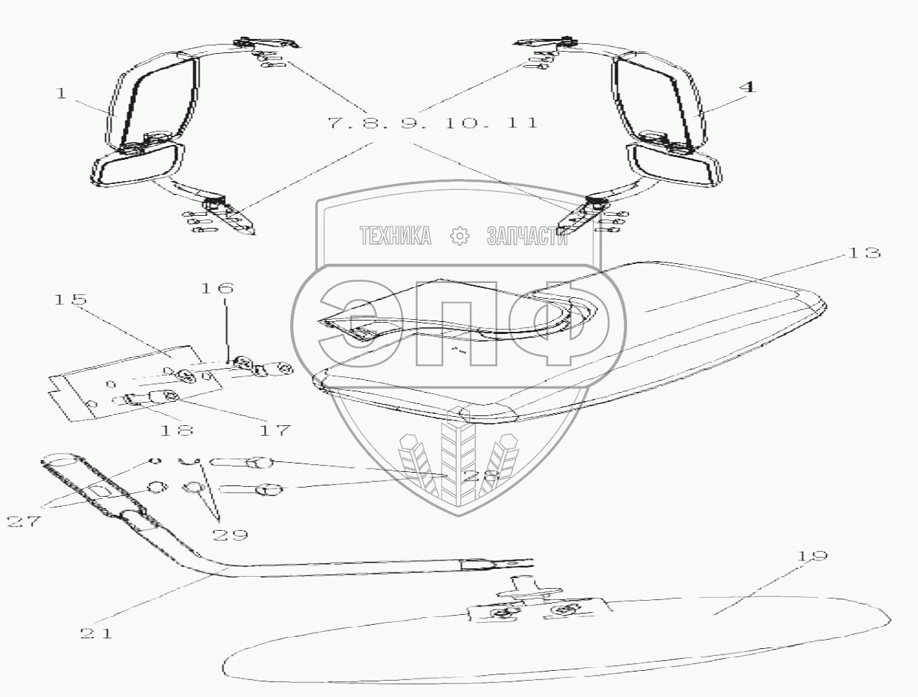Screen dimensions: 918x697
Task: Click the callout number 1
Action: pyautogui.click(x=62, y=93)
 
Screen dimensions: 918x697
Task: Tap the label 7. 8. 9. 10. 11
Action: pyautogui.click(x=432, y=122)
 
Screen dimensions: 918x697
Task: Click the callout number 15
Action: pyautogui.click(x=70, y=299)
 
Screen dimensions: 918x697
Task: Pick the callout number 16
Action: pyautogui.click(x=217, y=288)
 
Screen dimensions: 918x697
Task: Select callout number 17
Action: pyautogui.click(x=275, y=430)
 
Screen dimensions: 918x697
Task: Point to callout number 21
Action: pyautogui.click(x=96, y=633)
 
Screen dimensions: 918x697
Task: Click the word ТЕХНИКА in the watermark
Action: pyautogui.click(x=395, y=236)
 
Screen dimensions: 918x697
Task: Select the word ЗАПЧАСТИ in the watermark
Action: pyautogui.click(x=527, y=236)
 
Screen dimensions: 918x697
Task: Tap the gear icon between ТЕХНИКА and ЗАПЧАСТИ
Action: pyautogui.click(x=461, y=236)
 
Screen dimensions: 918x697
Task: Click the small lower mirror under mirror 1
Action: pyautogui.click(x=137, y=165)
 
